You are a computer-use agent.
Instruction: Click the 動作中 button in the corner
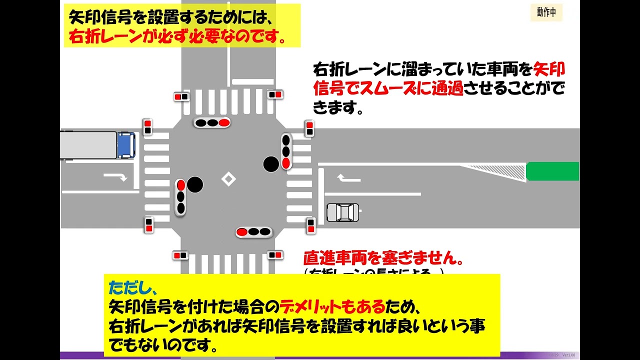546,12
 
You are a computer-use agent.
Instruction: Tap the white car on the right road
342,212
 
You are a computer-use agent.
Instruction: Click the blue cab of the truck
126,145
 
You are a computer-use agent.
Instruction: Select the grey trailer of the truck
88,145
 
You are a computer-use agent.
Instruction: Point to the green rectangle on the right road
552,171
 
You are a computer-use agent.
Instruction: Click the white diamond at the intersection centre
228,178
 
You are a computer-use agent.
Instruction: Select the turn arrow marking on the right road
348,177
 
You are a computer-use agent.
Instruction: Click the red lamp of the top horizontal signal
224,122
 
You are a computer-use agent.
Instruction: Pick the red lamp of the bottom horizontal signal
242,232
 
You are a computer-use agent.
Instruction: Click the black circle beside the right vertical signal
271,164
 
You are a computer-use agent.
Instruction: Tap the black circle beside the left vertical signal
195,185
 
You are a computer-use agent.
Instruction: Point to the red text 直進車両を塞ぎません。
383,259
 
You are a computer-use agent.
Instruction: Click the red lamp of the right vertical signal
285,162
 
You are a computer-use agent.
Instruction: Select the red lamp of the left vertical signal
181,185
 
